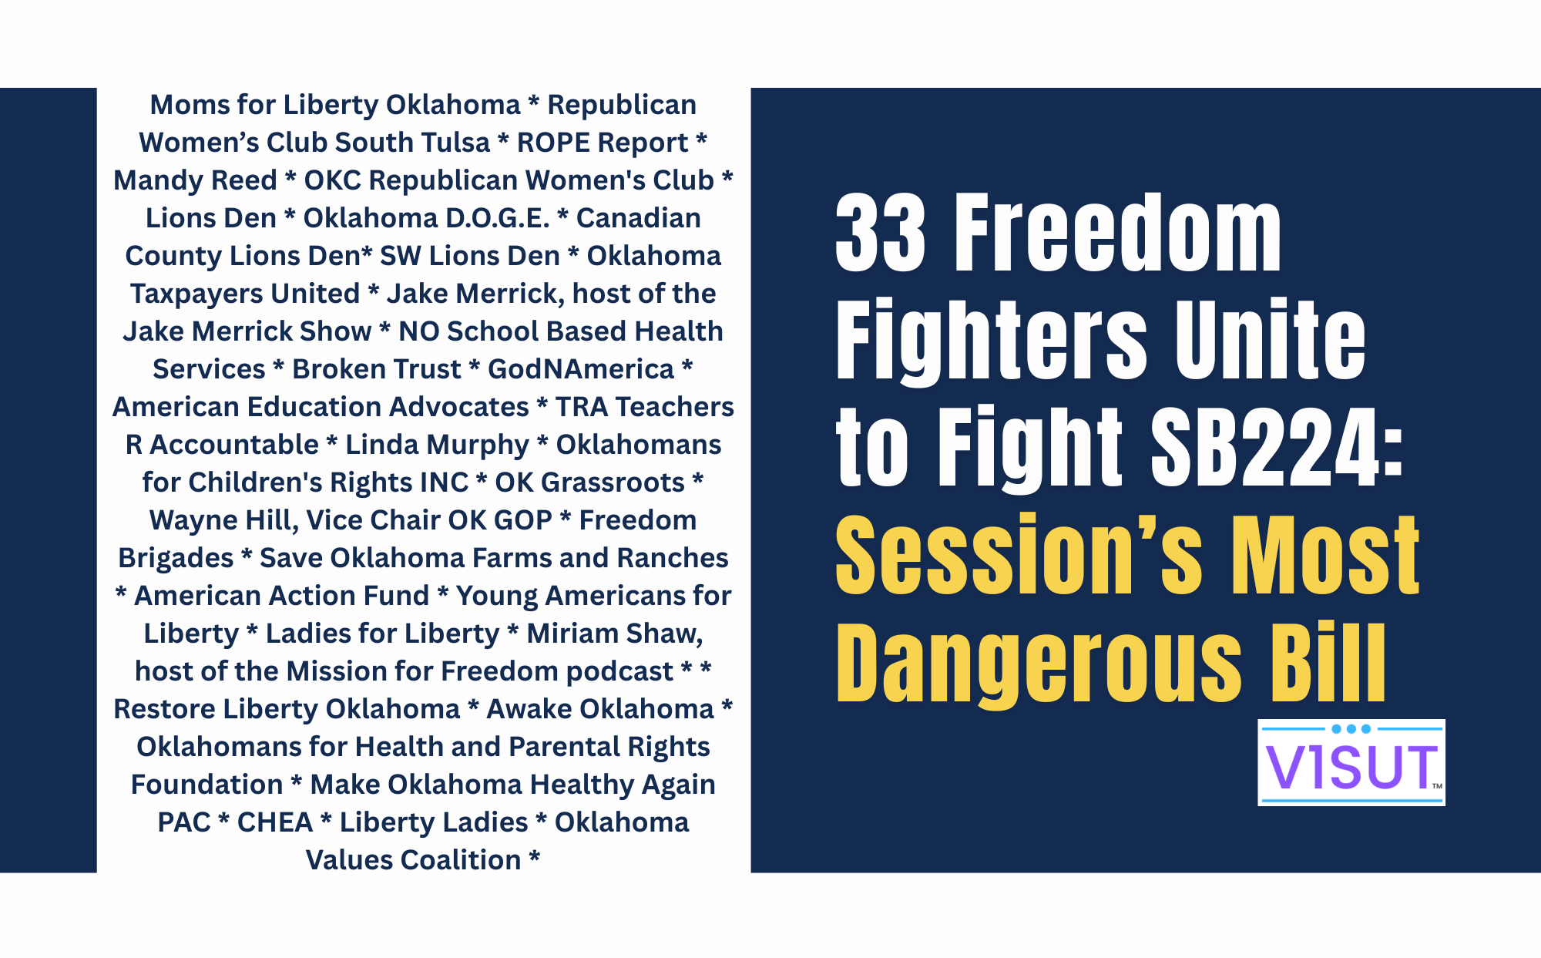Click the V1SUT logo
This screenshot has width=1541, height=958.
(1351, 763)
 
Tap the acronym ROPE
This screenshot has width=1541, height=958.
(553, 143)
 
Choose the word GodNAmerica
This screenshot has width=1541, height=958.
(581, 369)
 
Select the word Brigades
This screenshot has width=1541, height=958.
(176, 558)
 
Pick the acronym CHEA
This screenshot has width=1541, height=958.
(275, 822)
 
